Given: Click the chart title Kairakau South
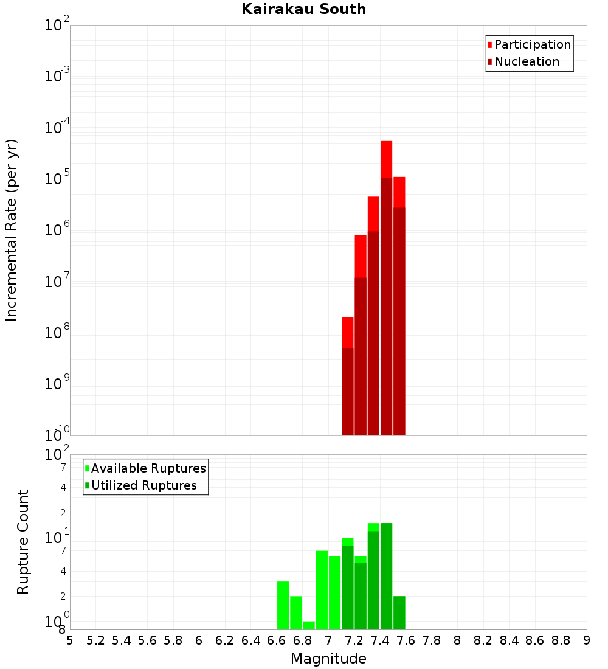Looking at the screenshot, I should [303, 9].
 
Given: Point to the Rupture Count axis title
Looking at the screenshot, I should [23, 542].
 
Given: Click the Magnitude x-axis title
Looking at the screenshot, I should [328, 659].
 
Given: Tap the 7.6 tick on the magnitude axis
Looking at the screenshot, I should [406, 640].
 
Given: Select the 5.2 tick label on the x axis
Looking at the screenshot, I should [96, 640].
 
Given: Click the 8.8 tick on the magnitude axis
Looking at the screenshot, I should [561, 640].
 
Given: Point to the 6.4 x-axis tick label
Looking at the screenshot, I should [251, 640].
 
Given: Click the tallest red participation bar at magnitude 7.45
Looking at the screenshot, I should [386, 158].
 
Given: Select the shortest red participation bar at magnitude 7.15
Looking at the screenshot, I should [348, 331].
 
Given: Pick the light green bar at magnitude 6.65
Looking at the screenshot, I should [283, 605].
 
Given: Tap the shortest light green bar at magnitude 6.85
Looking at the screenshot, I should [309, 625].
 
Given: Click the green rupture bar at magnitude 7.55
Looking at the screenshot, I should [399, 612].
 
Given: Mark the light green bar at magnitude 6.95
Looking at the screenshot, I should [322, 590].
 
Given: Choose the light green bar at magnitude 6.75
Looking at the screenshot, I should [296, 612].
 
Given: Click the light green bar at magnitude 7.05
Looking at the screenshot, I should [334, 593].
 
